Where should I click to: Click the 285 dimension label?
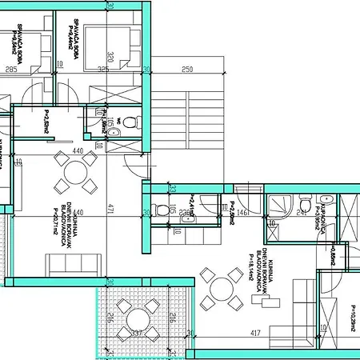(11, 70)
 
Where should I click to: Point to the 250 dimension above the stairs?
(186, 70)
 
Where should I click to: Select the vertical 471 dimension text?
(113, 210)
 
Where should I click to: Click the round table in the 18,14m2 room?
(222, 290)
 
